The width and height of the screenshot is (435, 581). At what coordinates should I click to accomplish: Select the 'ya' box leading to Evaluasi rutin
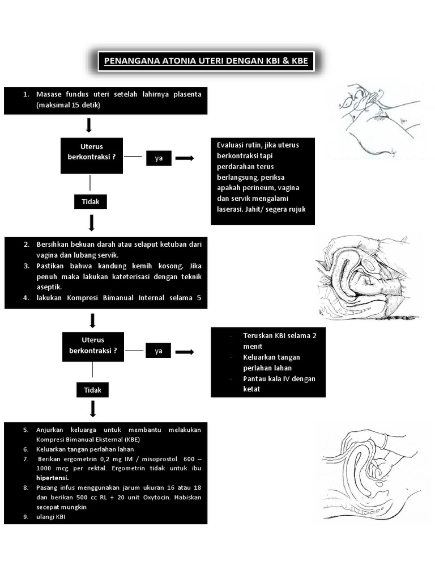159,158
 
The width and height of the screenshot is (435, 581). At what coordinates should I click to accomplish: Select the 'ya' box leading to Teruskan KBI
159,351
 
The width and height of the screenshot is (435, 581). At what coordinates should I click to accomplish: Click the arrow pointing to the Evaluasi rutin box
185,158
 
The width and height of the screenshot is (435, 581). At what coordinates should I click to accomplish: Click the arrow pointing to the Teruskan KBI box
185,352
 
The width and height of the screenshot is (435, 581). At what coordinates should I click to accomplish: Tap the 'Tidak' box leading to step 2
90,201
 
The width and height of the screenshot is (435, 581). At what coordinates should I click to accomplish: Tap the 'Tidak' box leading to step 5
92,390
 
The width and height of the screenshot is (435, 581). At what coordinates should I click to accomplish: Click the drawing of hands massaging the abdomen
375,121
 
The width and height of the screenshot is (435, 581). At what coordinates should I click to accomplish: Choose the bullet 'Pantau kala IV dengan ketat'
279,384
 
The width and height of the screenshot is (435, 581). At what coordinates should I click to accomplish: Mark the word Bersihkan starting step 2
53,244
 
